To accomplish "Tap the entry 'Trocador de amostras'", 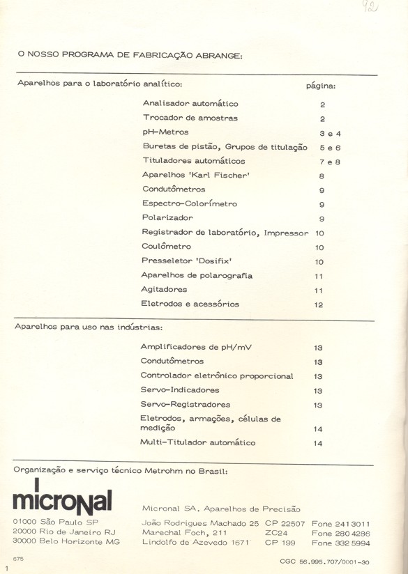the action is (190, 118).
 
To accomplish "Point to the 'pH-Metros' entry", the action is (165, 132).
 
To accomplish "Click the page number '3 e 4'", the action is (329, 132).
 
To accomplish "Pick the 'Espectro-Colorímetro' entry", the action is (189, 203).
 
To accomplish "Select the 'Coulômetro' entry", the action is (166, 247).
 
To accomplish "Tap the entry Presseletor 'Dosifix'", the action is (186, 261).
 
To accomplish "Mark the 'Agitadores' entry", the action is (164, 290).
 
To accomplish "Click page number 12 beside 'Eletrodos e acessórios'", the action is (319, 305).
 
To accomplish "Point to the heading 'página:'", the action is (321, 86).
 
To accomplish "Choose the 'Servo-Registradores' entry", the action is (185, 404).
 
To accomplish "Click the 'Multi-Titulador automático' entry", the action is (198, 442).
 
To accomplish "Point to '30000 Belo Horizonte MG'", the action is (66, 541).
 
